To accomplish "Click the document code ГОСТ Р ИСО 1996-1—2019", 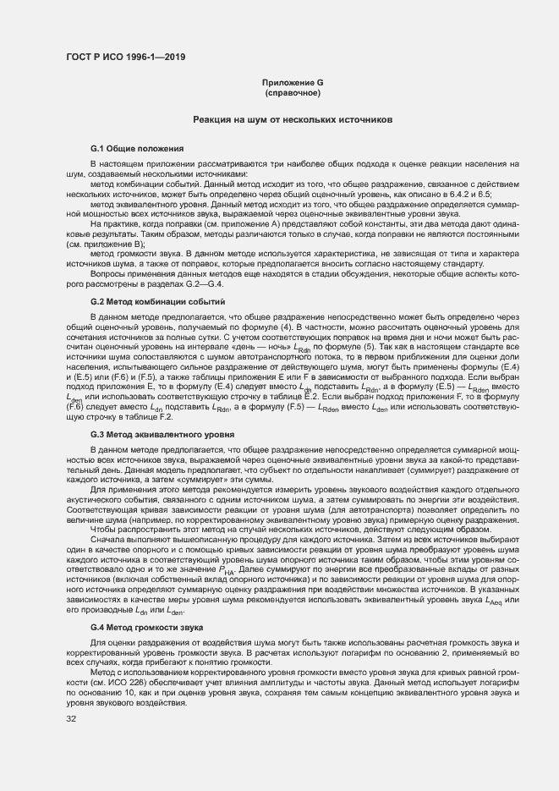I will point(125,58).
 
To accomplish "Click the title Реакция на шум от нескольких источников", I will point(293,121).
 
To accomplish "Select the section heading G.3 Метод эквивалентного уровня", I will point(162,435).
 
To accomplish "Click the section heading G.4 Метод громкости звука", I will point(146,628).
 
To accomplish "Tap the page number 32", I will point(71,720).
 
